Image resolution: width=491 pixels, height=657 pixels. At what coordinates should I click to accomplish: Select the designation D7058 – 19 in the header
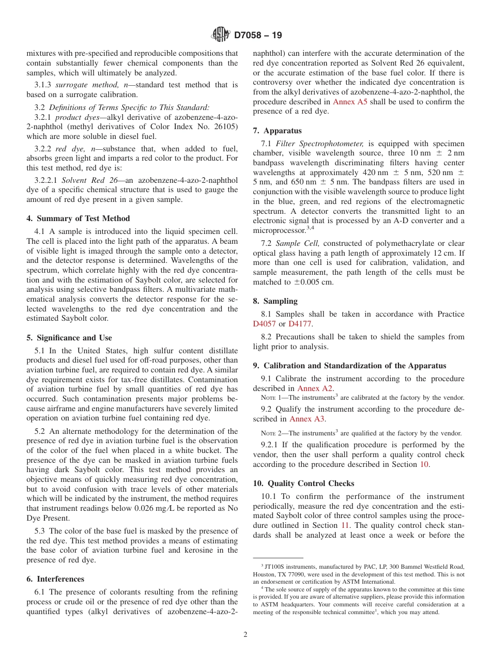[258, 36]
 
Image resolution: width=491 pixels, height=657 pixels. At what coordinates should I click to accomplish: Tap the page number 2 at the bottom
[245, 635]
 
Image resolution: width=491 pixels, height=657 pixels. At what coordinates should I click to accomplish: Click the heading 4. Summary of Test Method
[78, 218]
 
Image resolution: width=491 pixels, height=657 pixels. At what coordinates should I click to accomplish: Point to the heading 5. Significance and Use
[69, 338]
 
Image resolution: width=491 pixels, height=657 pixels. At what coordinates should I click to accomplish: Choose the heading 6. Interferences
[55, 579]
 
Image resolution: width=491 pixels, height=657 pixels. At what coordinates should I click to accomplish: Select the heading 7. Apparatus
[277, 131]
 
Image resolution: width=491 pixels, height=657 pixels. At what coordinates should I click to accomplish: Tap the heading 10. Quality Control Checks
[303, 483]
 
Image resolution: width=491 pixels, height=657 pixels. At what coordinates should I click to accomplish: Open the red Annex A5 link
[350, 102]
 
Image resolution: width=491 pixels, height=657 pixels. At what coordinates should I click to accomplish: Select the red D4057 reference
[264, 324]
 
